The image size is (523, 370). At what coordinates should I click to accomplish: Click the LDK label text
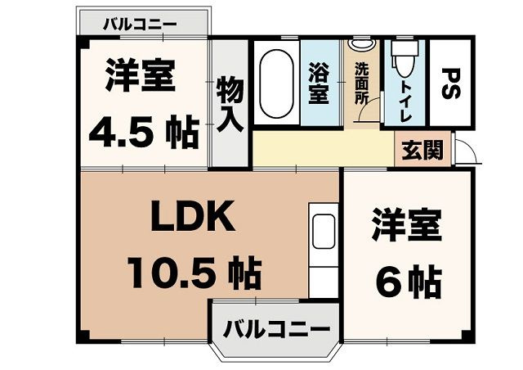[194, 218]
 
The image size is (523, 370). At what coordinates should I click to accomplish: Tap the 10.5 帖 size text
[194, 271]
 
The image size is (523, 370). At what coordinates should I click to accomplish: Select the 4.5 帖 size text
[144, 130]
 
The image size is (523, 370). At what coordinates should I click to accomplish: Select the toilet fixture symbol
[400, 57]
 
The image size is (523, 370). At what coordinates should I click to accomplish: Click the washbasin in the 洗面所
[360, 44]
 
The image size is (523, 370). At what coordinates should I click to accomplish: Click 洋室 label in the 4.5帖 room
[139, 79]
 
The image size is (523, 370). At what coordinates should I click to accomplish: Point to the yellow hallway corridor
[323, 147]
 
